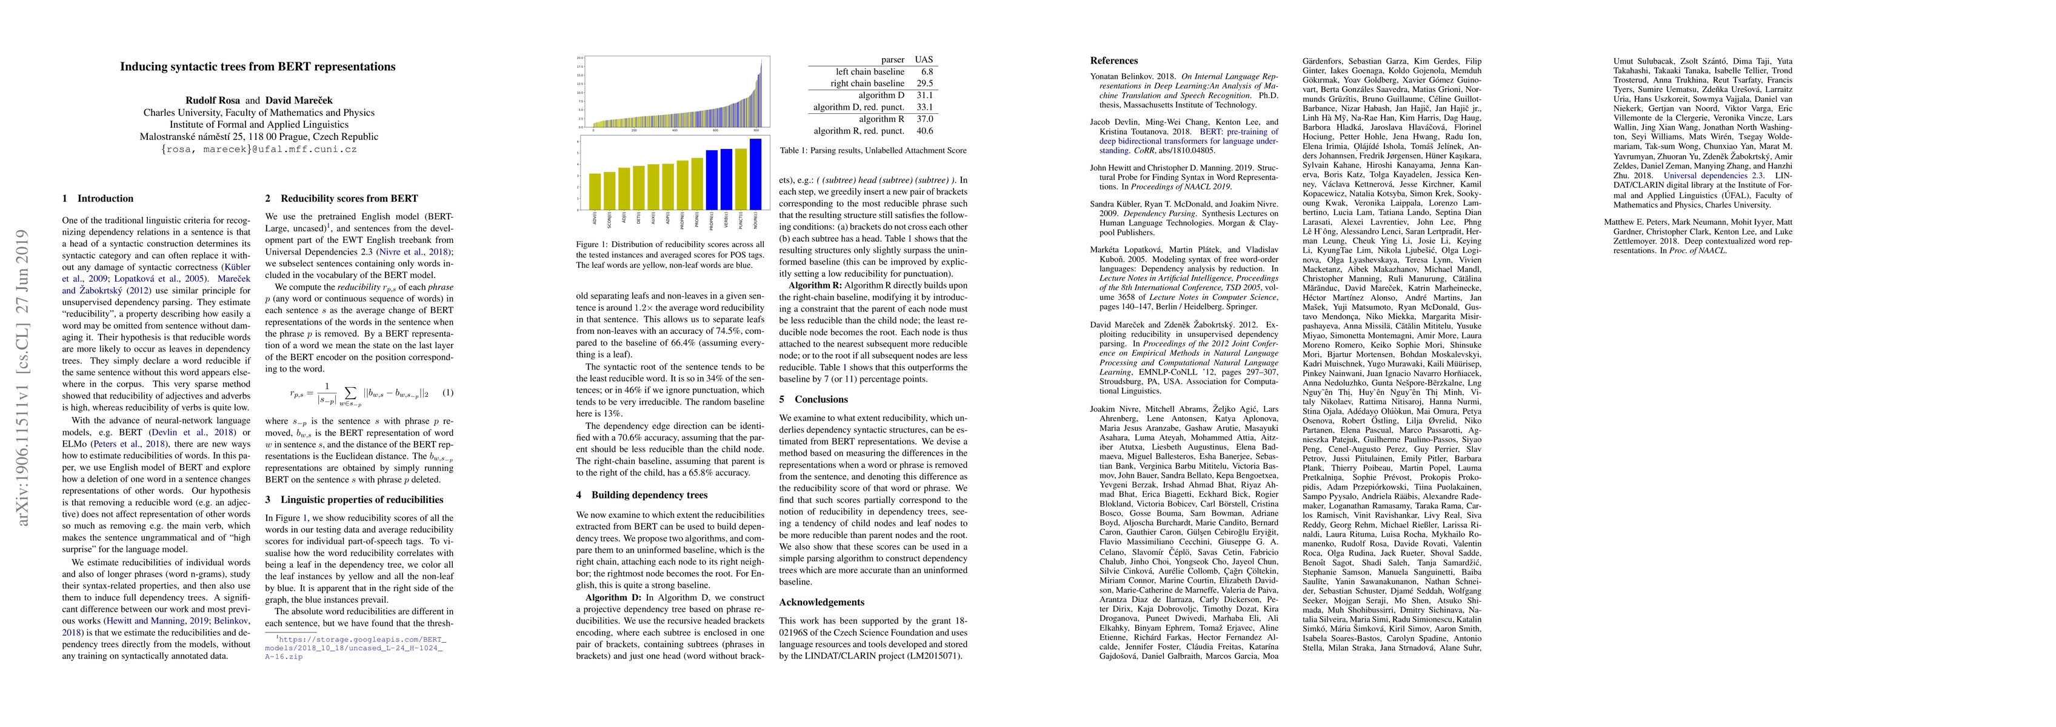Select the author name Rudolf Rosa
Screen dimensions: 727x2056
pos(213,101)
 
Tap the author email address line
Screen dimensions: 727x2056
pos(258,149)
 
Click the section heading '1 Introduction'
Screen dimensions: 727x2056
pos(98,199)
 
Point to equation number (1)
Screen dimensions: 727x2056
pos(448,393)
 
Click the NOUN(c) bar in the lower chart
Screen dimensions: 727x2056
pos(755,173)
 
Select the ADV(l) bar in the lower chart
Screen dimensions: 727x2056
pos(595,191)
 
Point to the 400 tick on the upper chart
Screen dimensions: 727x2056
pos(675,131)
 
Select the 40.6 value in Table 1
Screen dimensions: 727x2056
pos(924,131)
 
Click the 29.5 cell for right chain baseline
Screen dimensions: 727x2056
pos(924,84)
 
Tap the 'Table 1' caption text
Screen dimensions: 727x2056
pos(872,151)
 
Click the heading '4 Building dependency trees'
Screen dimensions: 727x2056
pos(642,495)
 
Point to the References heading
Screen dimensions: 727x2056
pos(1113,61)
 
